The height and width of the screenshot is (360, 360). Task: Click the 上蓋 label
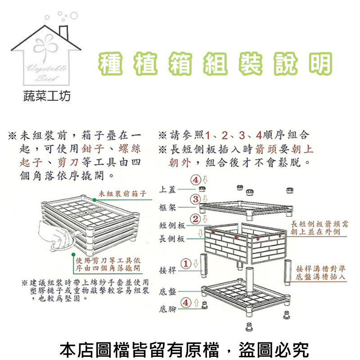pyautogui.click(x=167, y=189)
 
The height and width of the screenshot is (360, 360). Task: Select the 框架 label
pyautogui.click(x=167, y=207)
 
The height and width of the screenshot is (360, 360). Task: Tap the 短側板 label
pyautogui.click(x=172, y=225)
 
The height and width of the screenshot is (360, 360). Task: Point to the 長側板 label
pyautogui.click(x=172, y=239)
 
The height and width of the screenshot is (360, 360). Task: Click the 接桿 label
pyautogui.click(x=167, y=270)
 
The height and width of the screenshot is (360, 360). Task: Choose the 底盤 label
pyautogui.click(x=167, y=292)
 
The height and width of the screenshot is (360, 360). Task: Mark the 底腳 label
pyautogui.click(x=167, y=309)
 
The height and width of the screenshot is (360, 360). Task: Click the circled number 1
pyautogui.click(x=186, y=264)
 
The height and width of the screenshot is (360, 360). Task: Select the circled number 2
pyautogui.click(x=195, y=219)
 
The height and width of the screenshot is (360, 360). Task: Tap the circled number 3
pyautogui.click(x=195, y=199)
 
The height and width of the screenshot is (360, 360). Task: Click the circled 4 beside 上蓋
pyautogui.click(x=196, y=180)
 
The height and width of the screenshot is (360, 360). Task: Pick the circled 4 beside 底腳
pyautogui.click(x=186, y=302)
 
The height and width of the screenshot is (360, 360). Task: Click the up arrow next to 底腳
pyautogui.click(x=196, y=302)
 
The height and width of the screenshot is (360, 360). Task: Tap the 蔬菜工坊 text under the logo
pyautogui.click(x=47, y=96)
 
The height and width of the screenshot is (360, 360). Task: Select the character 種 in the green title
pyautogui.click(x=110, y=63)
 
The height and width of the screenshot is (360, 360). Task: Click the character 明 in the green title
pyautogui.click(x=320, y=63)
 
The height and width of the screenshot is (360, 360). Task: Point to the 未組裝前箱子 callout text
pyautogui.click(x=122, y=194)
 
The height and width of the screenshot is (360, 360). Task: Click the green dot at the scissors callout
pyautogui.click(x=73, y=254)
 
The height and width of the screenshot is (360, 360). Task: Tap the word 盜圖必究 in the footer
pyautogui.click(x=274, y=350)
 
